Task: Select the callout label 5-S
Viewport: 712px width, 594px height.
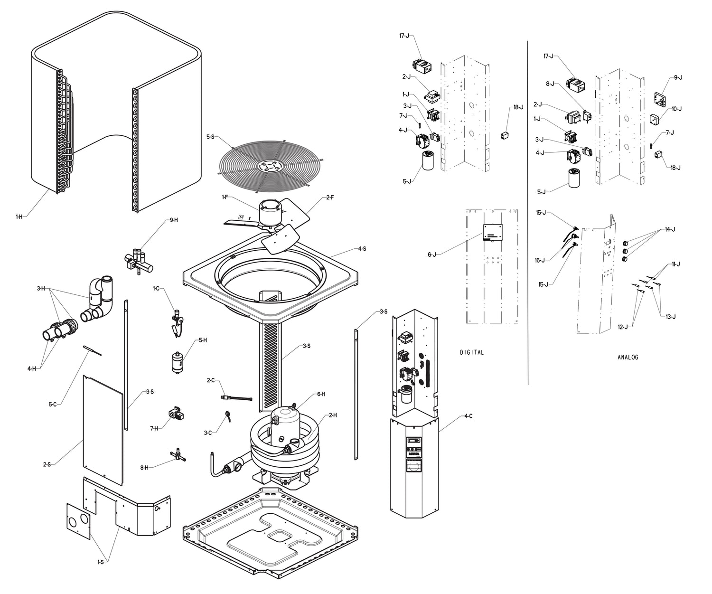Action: pos(210,137)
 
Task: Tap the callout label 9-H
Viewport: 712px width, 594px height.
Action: pos(174,220)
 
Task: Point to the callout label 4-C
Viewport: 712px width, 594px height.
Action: pos(468,416)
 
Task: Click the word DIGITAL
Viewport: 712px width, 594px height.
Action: pos(472,352)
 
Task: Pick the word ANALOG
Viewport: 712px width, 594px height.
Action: pos(628,357)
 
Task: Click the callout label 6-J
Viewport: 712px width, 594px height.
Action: pos(431,255)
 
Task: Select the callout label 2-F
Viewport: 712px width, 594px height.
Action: pos(330,197)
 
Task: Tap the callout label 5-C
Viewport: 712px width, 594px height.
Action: pos(52,404)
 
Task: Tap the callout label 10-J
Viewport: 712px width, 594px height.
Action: pos(676,109)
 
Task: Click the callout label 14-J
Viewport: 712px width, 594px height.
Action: pos(670,229)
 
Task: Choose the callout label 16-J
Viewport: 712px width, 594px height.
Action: pos(541,260)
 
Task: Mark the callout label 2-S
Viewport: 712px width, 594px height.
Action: pos(47,464)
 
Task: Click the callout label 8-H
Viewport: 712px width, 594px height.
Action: pos(144,467)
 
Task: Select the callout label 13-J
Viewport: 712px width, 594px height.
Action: pos(671,316)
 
